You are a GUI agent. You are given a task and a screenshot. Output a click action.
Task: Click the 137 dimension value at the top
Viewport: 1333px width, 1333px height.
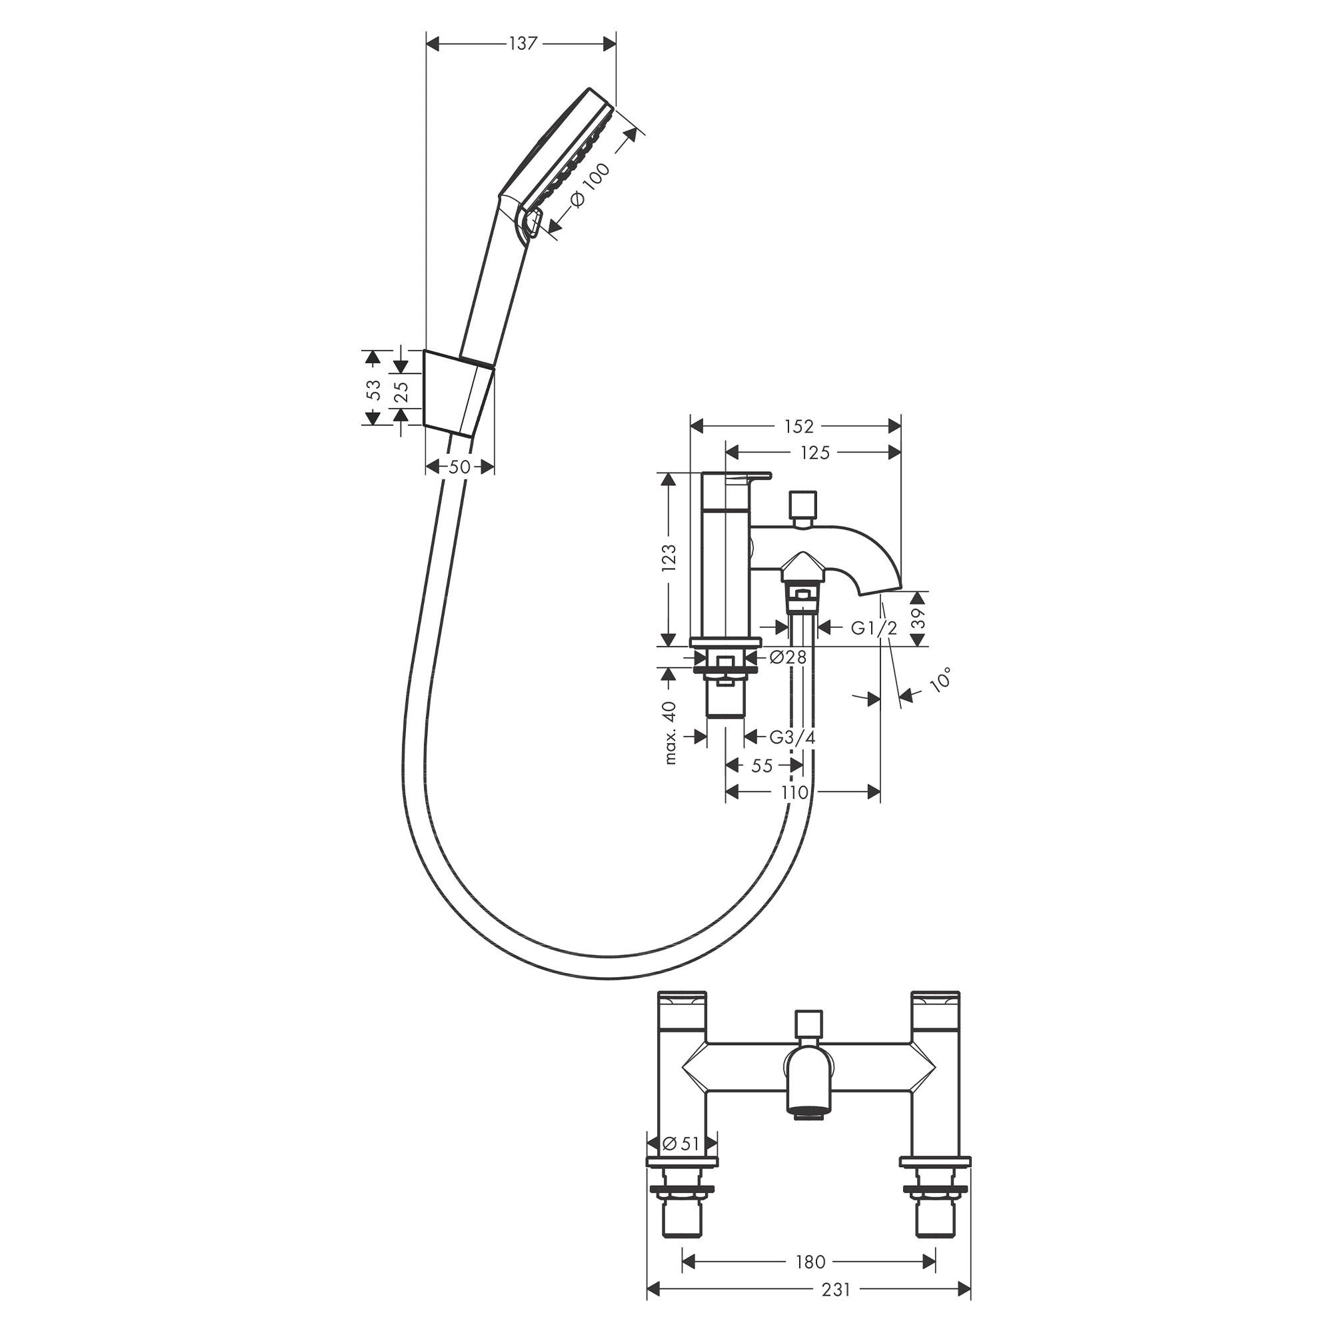523,43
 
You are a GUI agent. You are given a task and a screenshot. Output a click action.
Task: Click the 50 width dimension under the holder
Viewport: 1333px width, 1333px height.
459,467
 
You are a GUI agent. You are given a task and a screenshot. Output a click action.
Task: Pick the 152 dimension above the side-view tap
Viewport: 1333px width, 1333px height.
798,427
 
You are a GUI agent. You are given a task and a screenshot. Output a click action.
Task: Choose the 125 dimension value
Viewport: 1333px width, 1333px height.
815,453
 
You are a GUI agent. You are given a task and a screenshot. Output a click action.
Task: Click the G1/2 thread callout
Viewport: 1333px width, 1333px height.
874,627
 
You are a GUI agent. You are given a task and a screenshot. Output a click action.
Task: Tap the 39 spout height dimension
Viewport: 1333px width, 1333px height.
917,619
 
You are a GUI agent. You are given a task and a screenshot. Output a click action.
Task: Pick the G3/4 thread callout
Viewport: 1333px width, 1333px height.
792,737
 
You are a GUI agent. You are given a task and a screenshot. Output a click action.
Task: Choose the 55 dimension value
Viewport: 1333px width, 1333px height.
762,766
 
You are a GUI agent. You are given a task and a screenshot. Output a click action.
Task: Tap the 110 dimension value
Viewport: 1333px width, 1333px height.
794,792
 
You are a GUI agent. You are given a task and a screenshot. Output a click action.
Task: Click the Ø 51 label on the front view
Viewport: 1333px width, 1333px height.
681,1144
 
